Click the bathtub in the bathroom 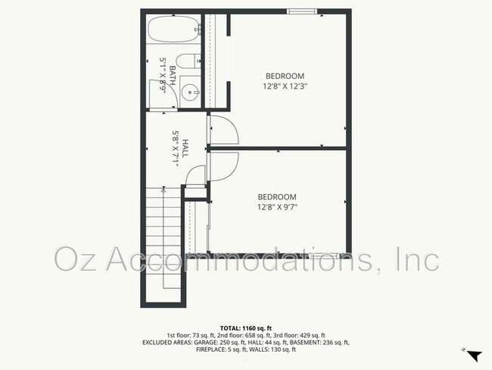(173, 30)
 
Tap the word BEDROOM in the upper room (285, 75)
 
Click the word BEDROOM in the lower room (276, 196)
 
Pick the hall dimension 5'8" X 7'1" (175, 149)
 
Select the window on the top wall (301, 11)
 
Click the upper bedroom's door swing (224, 128)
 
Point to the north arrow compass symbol (473, 355)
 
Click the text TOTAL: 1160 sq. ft (246, 328)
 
